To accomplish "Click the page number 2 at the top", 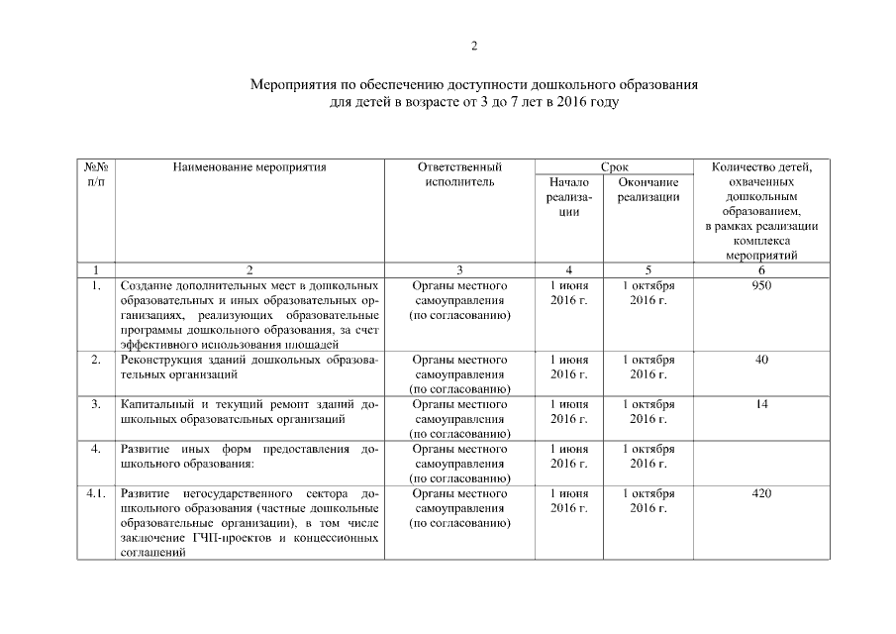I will [474, 47].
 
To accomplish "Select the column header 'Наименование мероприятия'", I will [249, 167].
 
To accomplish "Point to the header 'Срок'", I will [614, 167].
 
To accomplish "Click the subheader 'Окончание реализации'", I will [648, 189].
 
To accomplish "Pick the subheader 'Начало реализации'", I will [568, 196].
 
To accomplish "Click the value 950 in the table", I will [761, 285].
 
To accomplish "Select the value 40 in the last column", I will [761, 360].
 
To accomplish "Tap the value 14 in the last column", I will [761, 404].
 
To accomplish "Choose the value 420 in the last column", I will [761, 493].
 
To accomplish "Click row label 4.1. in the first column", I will [95, 493].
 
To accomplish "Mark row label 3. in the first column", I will [95, 404].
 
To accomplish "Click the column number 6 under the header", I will [761, 269].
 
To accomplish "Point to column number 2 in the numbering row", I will [249, 269].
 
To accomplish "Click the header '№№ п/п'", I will [95, 174].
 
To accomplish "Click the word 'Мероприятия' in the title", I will [294, 85].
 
